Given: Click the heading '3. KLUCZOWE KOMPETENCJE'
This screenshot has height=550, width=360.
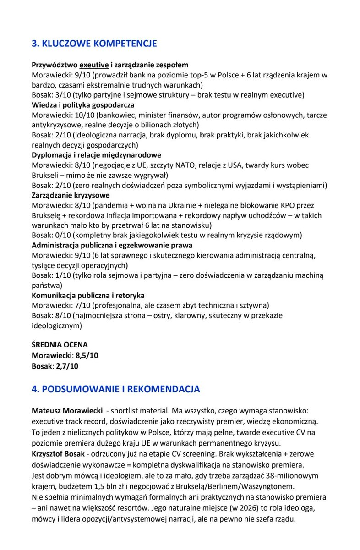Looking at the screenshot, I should (94, 44).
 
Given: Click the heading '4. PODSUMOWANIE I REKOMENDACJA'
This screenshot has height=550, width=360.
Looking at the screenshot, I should (115, 389).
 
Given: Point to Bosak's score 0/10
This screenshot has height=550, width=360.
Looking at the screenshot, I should (60, 235).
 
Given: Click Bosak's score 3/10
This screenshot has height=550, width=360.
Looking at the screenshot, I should (60, 95).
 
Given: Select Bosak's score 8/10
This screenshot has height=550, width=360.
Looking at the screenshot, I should (60, 316).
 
